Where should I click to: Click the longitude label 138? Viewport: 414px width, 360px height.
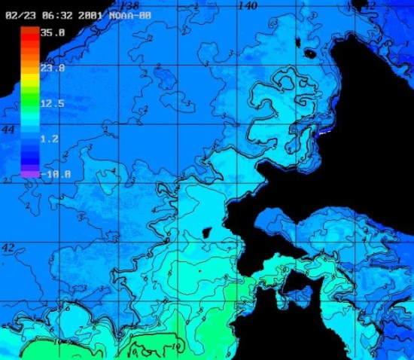point(132,6)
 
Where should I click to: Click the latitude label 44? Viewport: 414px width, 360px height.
point(8,130)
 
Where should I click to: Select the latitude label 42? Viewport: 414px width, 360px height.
point(8,247)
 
